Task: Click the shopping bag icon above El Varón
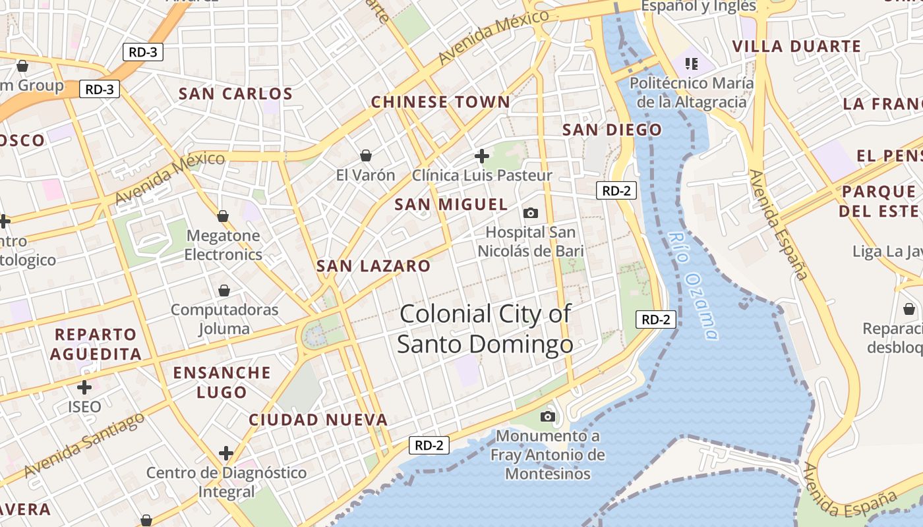(x=366, y=155)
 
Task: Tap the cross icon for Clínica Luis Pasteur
(x=482, y=156)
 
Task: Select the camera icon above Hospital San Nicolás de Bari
(x=530, y=213)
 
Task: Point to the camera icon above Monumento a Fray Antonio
(x=547, y=416)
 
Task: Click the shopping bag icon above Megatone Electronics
(x=223, y=216)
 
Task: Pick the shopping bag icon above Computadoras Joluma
(x=224, y=291)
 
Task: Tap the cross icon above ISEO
(x=84, y=387)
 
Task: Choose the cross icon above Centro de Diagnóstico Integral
(x=226, y=453)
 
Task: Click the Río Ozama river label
(x=692, y=285)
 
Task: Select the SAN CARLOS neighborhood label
(x=235, y=94)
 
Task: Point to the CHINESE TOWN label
(x=440, y=102)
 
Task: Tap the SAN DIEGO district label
(x=612, y=130)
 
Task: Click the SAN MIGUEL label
(x=451, y=205)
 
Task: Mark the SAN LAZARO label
(x=373, y=266)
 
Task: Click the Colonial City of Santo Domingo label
(x=485, y=328)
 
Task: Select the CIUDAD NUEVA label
(x=318, y=420)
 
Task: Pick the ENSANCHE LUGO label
(x=222, y=382)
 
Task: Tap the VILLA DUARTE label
(x=796, y=46)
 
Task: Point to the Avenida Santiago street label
(x=84, y=446)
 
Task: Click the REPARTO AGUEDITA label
(x=96, y=344)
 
